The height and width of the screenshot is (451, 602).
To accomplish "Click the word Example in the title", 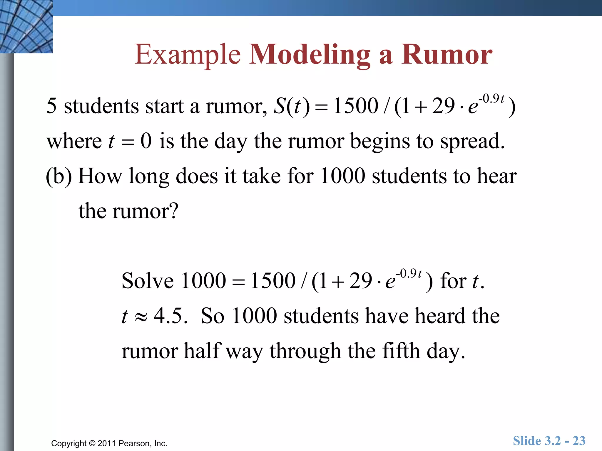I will [187, 55].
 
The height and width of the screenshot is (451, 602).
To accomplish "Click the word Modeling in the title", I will [310, 55].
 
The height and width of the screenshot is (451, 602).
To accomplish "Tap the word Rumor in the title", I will [447, 55].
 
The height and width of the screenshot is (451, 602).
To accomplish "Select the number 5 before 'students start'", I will [51, 106].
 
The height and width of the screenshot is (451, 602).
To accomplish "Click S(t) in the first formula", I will [291, 106].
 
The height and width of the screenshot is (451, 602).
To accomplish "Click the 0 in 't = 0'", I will [146, 141].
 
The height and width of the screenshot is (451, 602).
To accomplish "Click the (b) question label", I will [59, 176].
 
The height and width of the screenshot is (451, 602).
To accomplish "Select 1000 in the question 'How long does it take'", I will [342, 176].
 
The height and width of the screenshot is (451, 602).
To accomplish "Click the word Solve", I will [148, 281].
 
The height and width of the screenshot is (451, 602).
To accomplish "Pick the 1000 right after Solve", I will [203, 281].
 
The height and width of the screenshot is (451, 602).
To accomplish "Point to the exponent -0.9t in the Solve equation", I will [409, 274].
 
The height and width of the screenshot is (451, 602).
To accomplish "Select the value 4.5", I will [170, 316].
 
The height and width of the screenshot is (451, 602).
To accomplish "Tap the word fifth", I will [401, 351].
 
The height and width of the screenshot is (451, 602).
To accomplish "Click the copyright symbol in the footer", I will [92, 443].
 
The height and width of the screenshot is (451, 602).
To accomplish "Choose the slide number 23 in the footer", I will [579, 441].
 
